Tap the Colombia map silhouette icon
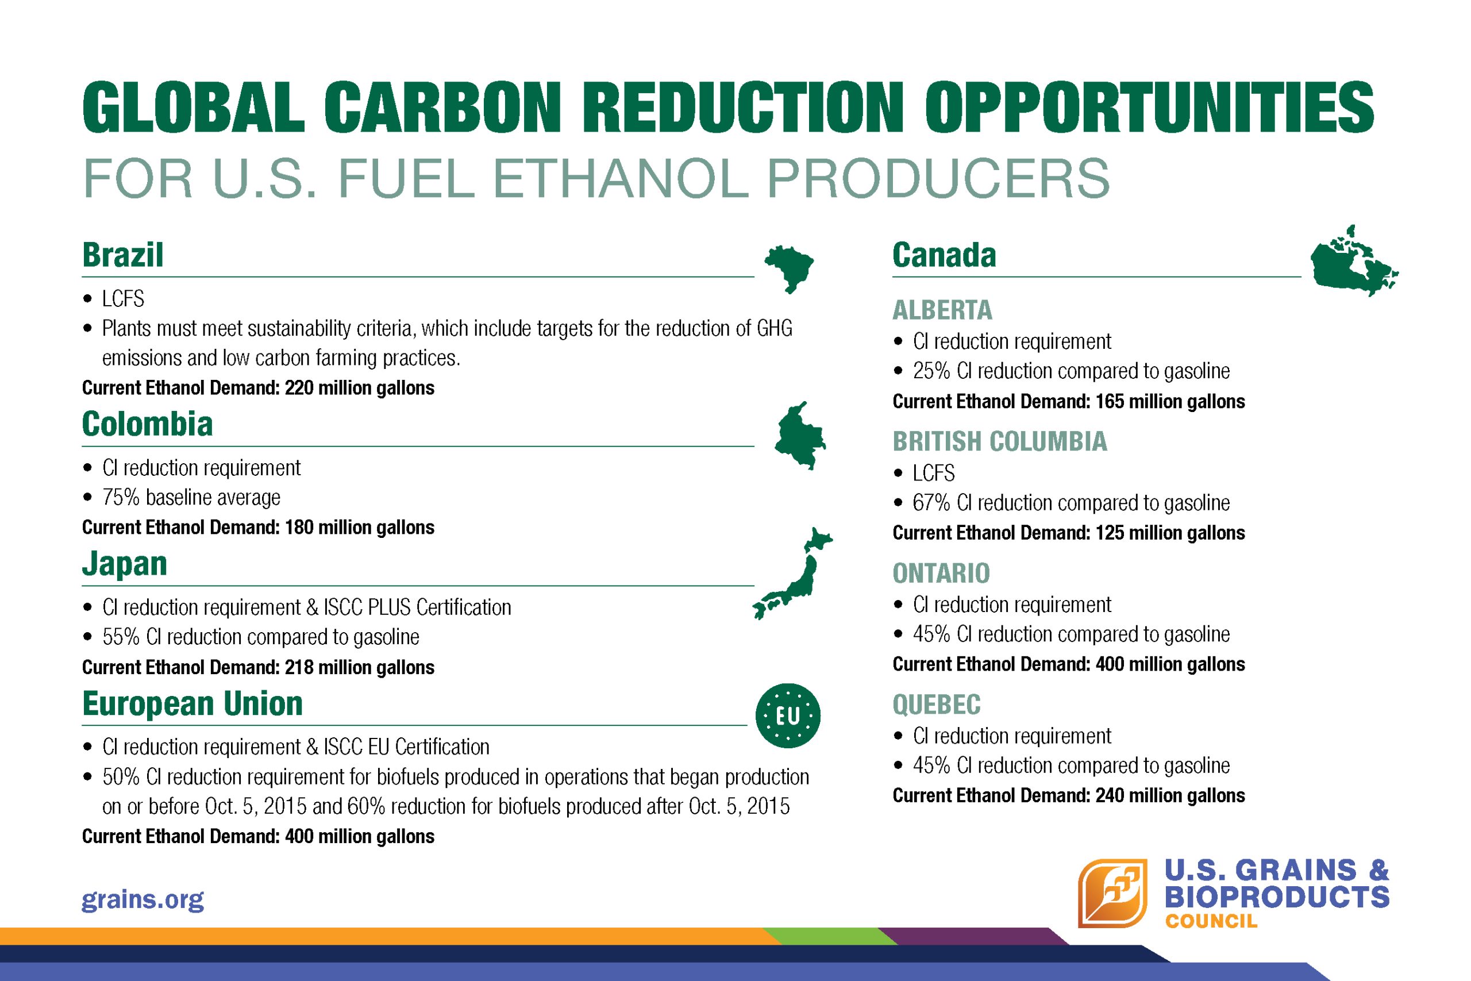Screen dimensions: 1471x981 coord(800,436)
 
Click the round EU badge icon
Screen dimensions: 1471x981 coord(787,715)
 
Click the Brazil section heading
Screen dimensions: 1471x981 coord(122,255)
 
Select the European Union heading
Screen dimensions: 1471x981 coord(192,703)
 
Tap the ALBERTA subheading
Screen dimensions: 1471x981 coord(942,310)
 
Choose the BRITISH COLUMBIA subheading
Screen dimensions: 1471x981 coord(999,441)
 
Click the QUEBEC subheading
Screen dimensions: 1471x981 coord(936,705)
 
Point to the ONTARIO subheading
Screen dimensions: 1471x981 coord(941,573)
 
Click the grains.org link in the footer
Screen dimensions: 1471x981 coord(143,899)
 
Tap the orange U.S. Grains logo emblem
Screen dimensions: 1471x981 coord(1112,893)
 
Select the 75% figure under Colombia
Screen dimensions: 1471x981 coord(121,497)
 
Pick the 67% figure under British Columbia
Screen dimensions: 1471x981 coord(931,503)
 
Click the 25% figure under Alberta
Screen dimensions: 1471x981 coord(931,371)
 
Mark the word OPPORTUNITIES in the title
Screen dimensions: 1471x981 coord(1149,107)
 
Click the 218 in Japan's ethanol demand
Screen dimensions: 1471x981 coord(299,668)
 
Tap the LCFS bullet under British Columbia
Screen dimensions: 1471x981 coord(934,473)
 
